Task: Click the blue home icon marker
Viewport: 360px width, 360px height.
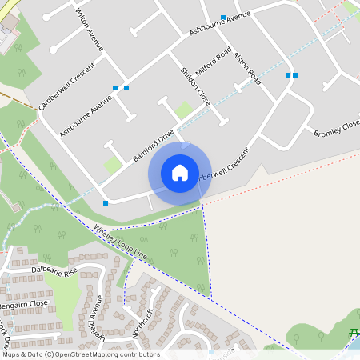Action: point(180,173)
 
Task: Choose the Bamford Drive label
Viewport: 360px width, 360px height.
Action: point(154,146)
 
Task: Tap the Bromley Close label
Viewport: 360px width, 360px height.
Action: point(336,129)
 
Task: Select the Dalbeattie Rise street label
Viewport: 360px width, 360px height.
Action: point(54,271)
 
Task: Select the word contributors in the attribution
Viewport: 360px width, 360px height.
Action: point(138,354)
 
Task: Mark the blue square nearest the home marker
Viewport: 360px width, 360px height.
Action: point(106,203)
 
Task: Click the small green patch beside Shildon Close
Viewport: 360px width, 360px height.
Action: point(185,110)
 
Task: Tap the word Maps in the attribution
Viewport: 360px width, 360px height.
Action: point(11,354)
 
